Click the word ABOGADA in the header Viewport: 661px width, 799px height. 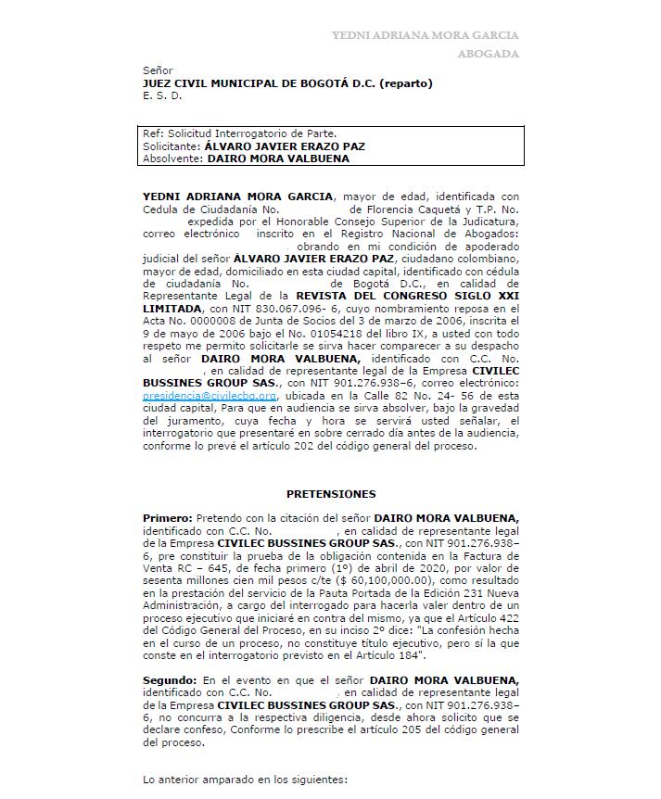(x=488, y=54)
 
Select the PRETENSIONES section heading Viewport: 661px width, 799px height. (x=331, y=494)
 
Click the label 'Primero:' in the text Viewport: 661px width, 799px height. (x=167, y=518)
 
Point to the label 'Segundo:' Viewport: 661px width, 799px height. (x=170, y=680)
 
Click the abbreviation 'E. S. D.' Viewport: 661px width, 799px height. (x=162, y=95)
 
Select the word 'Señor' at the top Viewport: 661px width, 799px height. (x=158, y=70)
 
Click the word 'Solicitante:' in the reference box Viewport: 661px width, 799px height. (x=172, y=146)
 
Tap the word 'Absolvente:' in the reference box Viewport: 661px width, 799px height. (x=172, y=159)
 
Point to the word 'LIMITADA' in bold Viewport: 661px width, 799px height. (x=172, y=308)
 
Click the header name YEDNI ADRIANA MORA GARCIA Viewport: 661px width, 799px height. (x=426, y=35)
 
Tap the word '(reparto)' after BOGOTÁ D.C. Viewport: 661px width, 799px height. (x=405, y=83)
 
